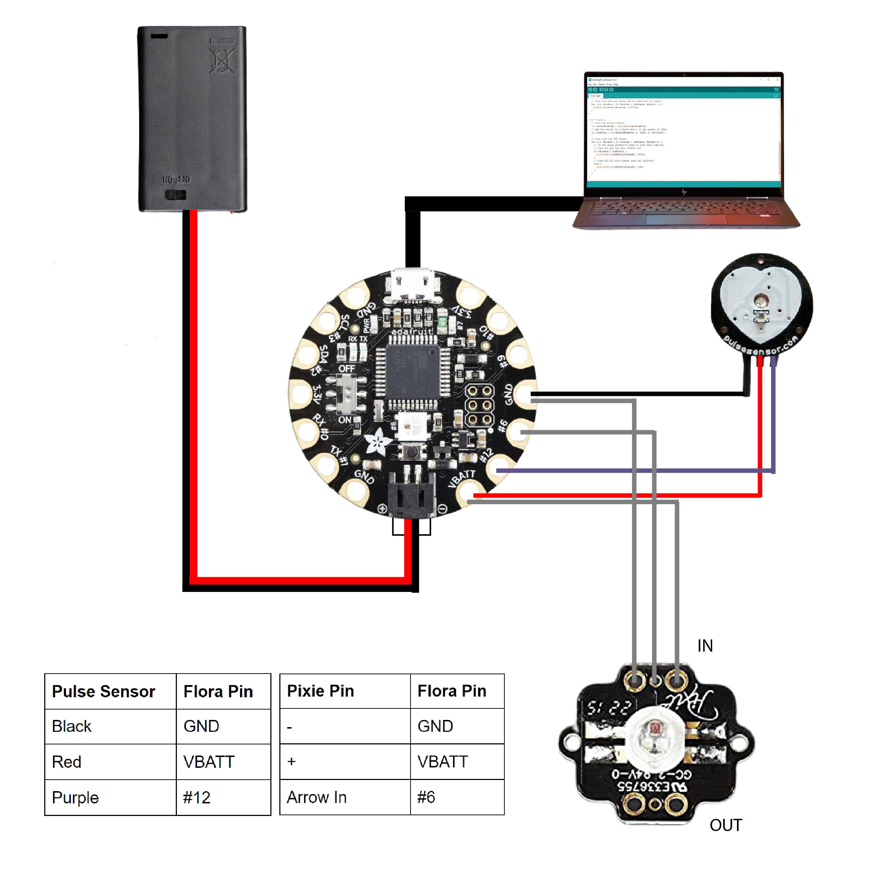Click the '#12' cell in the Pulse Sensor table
pyautogui.click(x=197, y=798)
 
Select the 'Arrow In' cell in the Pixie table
pyautogui.click(x=317, y=797)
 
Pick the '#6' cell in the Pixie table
pyautogui.click(x=426, y=797)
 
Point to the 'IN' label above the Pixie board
pyautogui.click(x=705, y=646)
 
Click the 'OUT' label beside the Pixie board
pyautogui.click(x=725, y=825)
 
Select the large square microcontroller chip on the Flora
pyautogui.click(x=413, y=371)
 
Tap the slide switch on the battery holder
pyautogui.click(x=175, y=196)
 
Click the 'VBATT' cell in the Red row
pyautogui.click(x=209, y=762)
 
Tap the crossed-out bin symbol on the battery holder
pyautogui.click(x=221, y=59)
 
